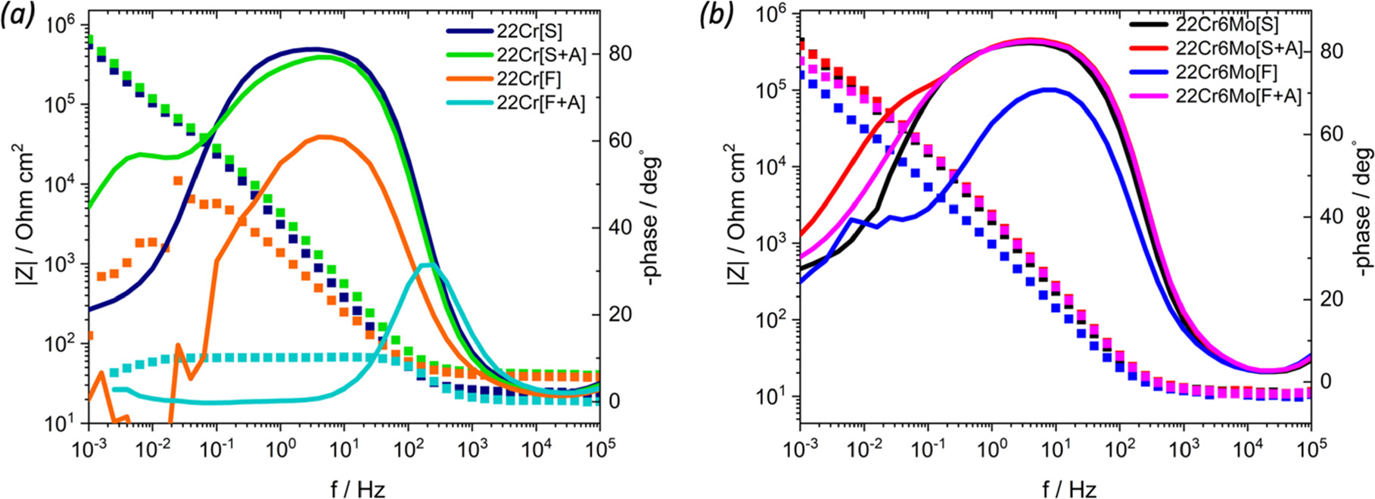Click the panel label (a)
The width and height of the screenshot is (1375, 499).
click(18, 16)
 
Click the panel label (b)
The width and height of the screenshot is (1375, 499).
click(714, 16)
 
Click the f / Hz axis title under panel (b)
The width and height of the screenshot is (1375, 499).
click(1056, 488)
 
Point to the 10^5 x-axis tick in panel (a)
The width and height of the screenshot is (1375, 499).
click(600, 448)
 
